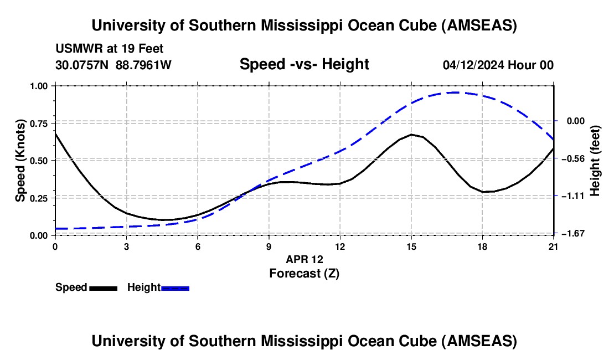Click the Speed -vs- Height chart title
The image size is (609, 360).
pyautogui.click(x=304, y=64)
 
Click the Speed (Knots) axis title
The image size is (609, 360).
pyautogui.click(x=20, y=161)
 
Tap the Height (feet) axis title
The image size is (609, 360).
pyautogui.click(x=596, y=161)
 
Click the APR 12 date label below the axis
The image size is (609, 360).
pyautogui.click(x=304, y=259)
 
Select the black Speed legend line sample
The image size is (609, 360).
pyautogui.click(x=103, y=287)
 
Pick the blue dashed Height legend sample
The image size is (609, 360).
pyautogui.click(x=175, y=287)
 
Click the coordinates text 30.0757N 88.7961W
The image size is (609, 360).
pyautogui.click(x=113, y=65)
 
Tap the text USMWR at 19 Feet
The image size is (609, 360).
pyautogui.click(x=109, y=49)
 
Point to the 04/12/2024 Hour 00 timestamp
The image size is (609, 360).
pyautogui.click(x=498, y=65)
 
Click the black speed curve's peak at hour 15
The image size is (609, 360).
pyautogui.click(x=411, y=135)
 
